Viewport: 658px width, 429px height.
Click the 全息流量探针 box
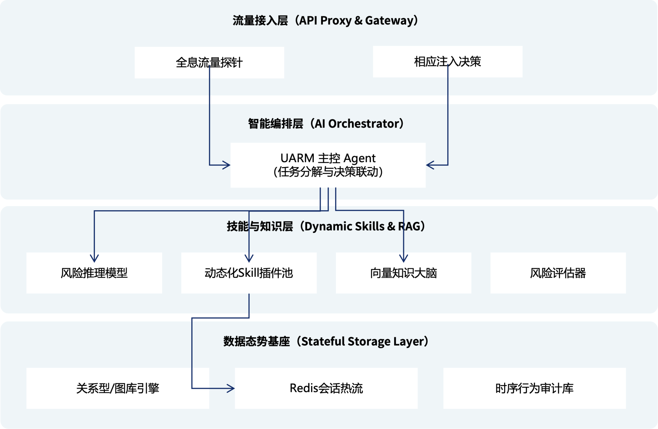click(x=209, y=62)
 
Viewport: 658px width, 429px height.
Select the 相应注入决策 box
click(x=447, y=62)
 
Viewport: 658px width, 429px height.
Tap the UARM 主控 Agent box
click(x=328, y=165)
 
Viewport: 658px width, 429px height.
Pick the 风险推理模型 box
click(x=94, y=273)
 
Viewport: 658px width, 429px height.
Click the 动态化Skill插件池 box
click(x=248, y=273)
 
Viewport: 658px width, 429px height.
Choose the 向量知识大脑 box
click(x=403, y=273)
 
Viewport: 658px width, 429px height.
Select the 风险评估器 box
click(x=558, y=273)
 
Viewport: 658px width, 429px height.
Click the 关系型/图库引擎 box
click(x=118, y=388)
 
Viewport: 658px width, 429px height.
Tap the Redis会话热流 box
click(x=326, y=388)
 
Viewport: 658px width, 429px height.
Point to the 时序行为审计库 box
click(x=534, y=388)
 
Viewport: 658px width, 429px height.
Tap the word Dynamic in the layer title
click(x=328, y=226)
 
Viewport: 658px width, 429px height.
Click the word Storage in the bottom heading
click(x=369, y=342)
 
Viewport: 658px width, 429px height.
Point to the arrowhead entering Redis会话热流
click(x=231, y=388)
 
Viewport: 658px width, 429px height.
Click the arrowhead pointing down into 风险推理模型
click(x=94, y=259)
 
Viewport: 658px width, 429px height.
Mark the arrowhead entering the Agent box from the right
click(x=430, y=165)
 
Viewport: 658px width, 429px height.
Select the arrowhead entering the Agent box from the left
click(x=227, y=165)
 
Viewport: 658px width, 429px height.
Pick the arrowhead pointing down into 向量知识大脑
click(x=404, y=259)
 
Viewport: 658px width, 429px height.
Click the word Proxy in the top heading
click(x=336, y=21)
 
